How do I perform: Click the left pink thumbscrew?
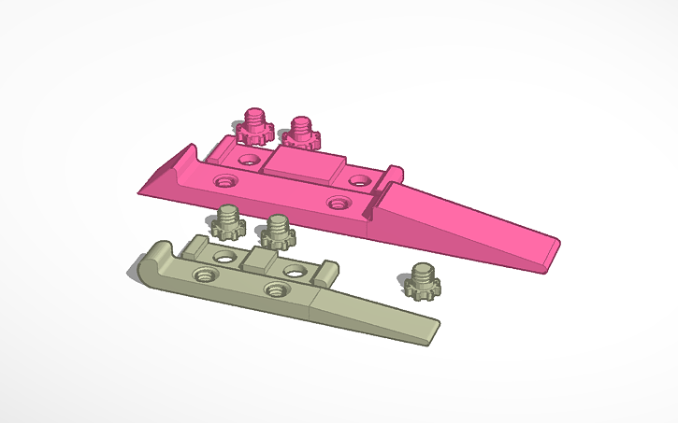tap(252, 125)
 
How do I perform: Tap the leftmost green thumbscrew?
tap(225, 222)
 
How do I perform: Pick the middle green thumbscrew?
tap(277, 232)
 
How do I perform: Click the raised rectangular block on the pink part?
tap(299, 166)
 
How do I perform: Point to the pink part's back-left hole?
tap(249, 160)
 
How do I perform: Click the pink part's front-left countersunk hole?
tap(224, 178)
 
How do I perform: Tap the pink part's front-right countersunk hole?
tap(338, 201)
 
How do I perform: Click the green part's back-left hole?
tap(224, 256)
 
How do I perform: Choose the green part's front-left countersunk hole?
tap(201, 275)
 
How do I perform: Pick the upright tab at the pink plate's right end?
tap(394, 174)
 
